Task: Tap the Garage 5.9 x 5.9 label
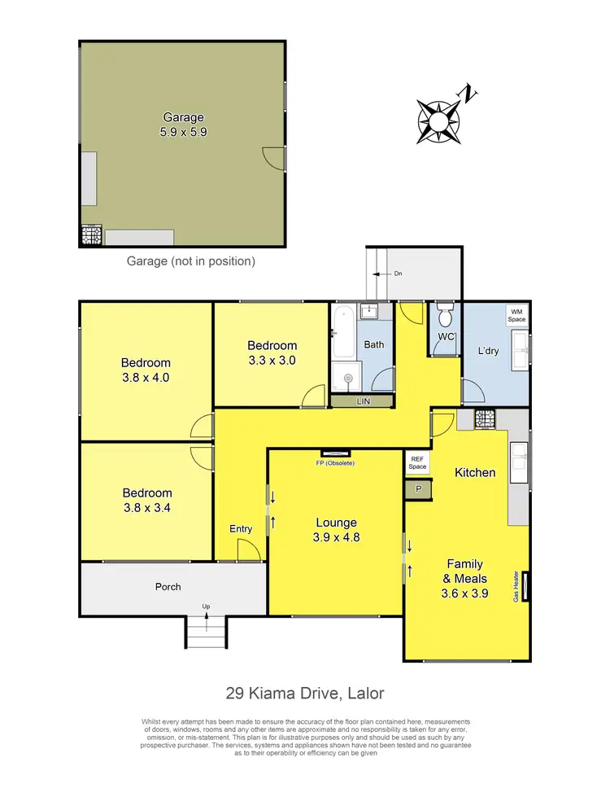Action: coord(182,125)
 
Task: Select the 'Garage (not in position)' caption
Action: coord(191,261)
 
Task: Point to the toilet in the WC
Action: coord(444,315)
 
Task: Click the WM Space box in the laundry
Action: coord(516,315)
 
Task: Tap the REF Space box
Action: coord(417,463)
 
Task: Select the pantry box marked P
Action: coord(418,489)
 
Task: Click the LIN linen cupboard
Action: coord(362,402)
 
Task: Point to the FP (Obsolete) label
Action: coord(336,463)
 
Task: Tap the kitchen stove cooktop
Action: coord(485,419)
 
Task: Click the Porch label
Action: coord(168,586)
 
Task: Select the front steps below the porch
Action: coord(207,632)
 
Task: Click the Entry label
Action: coord(241,529)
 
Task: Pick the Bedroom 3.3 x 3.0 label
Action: coord(272,352)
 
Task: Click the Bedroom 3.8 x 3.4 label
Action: coord(147,500)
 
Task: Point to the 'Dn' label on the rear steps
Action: coord(398,274)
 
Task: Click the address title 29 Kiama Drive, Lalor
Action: coord(304,694)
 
